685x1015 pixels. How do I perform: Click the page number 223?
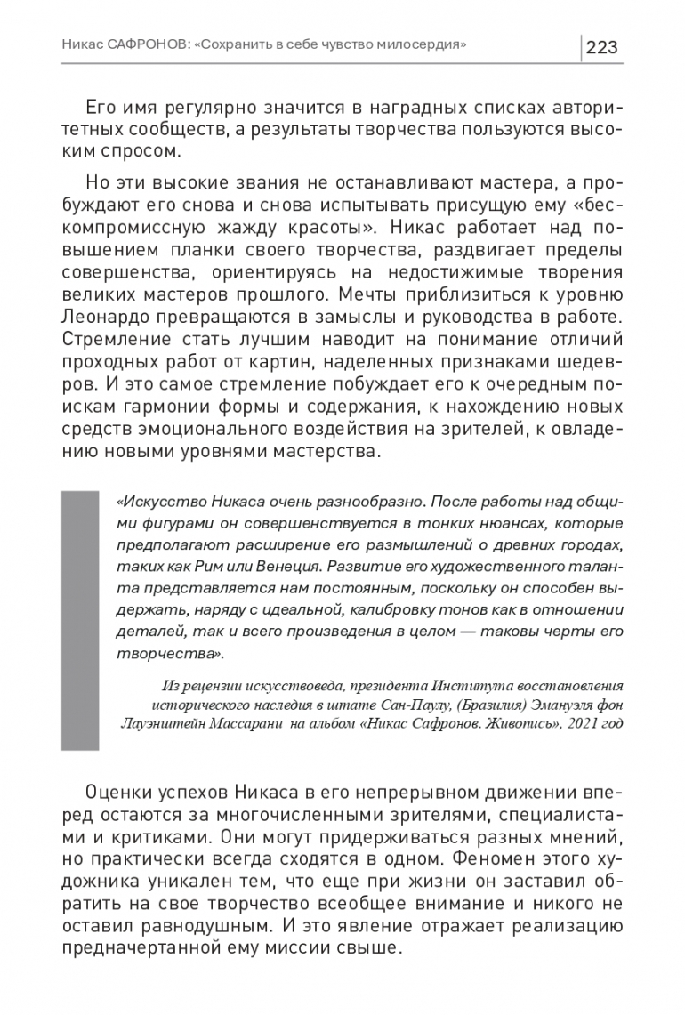click(602, 46)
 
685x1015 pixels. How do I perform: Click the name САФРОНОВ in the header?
click(144, 44)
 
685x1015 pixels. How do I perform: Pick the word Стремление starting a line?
click(133, 339)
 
